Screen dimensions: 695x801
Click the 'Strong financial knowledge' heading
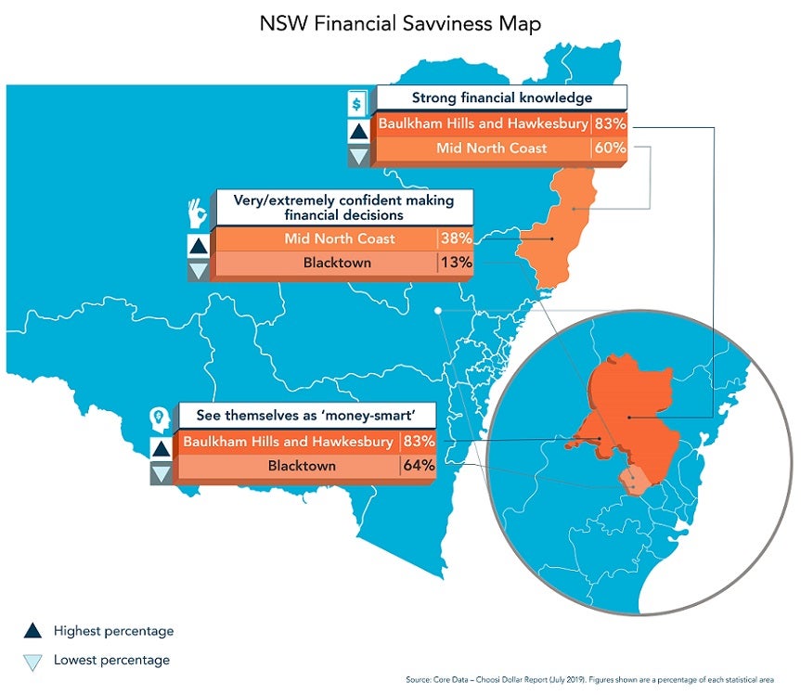tap(502, 97)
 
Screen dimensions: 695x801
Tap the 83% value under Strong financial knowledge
tap(610, 123)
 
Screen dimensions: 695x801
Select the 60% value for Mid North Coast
tap(610, 148)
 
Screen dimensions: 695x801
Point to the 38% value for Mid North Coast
tap(456, 238)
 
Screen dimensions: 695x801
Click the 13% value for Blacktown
tap(456, 263)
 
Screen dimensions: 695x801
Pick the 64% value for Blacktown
tap(418, 466)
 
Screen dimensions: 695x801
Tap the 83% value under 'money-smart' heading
tap(418, 442)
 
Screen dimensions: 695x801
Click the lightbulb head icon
tap(159, 418)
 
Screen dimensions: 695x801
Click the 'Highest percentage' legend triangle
tap(32, 631)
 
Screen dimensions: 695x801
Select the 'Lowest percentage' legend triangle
tap(32, 661)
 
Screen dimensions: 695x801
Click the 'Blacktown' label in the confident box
tap(337, 263)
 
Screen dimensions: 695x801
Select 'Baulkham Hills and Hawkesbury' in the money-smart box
tap(288, 442)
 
